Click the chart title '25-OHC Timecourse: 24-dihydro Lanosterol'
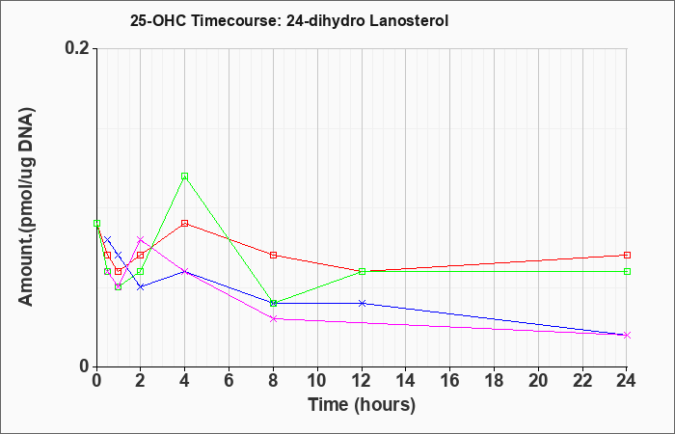[289, 20]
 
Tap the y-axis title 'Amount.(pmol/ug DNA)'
[26, 206]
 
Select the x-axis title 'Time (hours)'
[362, 405]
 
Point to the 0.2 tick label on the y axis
[77, 48]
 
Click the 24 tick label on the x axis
[626, 381]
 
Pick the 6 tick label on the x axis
[229, 381]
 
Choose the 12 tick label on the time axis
[362, 381]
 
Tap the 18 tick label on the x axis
[494, 381]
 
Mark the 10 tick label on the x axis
[317, 381]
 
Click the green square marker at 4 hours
[185, 176]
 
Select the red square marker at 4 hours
[185, 224]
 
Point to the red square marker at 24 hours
[627, 255]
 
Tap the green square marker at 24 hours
[627, 271]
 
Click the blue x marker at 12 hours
[362, 303]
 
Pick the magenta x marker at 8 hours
[273, 318]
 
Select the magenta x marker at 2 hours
[141, 239]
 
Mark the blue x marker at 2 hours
[141, 286]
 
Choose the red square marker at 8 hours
[273, 255]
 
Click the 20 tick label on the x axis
[538, 381]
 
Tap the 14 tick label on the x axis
[406, 381]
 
